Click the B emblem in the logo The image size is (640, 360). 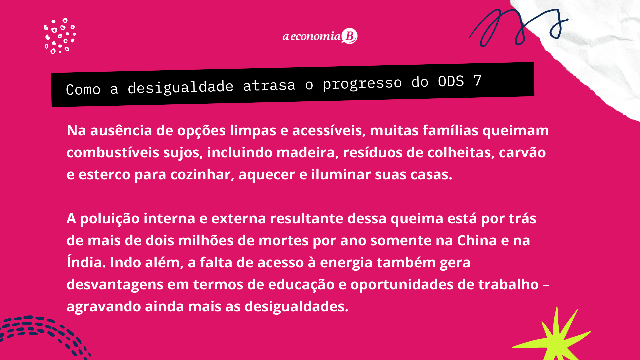click(349, 36)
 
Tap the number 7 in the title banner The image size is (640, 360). click(477, 81)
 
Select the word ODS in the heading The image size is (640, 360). click(451, 82)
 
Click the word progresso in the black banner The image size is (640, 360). click(362, 84)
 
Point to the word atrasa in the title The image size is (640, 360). click(269, 85)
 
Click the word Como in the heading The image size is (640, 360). click(83, 90)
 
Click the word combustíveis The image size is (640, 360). click(113, 153)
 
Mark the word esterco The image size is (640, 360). click(104, 175)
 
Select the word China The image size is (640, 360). click(477, 241)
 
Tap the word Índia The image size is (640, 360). click(86, 262)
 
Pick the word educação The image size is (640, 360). click(301, 285)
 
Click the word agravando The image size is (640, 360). click(104, 307)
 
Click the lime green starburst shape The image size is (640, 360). click(553, 337)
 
